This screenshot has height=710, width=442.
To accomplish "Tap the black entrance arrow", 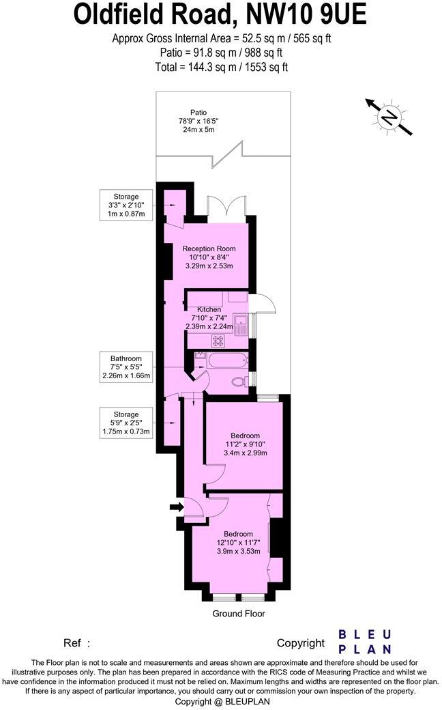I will pyautogui.click(x=176, y=507).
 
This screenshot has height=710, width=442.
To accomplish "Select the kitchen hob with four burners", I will pyautogui.click(x=219, y=340).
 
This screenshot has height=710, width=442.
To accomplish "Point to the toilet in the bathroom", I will pyautogui.click(x=238, y=382).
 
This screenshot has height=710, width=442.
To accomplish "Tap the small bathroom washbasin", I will pyautogui.click(x=199, y=356).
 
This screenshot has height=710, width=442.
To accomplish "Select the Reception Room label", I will pyautogui.click(x=209, y=248).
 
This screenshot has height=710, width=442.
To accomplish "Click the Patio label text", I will pyautogui.click(x=198, y=113).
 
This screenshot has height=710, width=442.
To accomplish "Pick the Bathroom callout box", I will pyautogui.click(x=126, y=367).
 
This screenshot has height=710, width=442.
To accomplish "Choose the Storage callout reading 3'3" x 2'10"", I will pyautogui.click(x=126, y=205).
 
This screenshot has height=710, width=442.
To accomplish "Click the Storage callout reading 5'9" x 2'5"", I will pyautogui.click(x=126, y=423).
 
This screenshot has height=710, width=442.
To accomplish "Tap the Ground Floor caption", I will pyautogui.click(x=238, y=614).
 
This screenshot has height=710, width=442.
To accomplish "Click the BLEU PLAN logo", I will pyautogui.click(x=365, y=642).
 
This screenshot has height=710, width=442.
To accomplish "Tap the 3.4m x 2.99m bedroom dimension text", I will pyautogui.click(x=245, y=453).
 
